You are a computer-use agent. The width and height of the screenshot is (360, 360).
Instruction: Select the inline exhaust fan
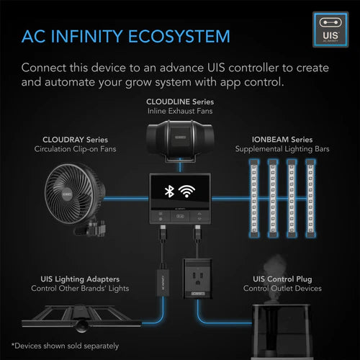tap(180, 141)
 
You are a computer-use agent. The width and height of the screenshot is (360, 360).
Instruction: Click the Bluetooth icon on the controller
tap(168, 192)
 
